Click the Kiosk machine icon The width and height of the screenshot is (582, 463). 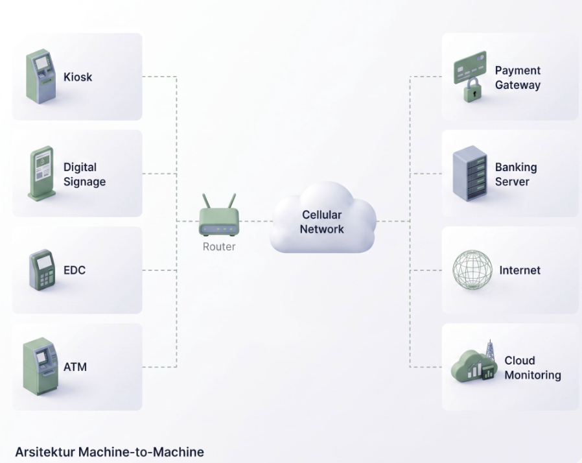41,77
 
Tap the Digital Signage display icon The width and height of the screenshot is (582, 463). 42,174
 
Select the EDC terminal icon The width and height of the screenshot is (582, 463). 42,270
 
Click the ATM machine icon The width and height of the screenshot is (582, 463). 40,366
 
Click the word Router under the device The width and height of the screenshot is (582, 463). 219,246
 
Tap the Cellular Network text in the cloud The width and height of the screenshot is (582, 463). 322,222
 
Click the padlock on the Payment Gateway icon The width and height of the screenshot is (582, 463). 472,90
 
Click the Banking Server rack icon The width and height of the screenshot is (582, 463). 470,173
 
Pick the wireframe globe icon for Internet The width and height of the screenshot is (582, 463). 472,270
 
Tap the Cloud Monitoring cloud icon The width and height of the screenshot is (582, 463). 469,366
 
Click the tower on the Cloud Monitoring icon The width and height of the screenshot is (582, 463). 491,350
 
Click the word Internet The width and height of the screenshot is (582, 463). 520,270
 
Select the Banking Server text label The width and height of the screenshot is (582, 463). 516,174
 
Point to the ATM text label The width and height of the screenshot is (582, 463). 75,367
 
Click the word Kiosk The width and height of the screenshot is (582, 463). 78,77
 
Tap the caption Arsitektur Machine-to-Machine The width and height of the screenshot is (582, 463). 110,452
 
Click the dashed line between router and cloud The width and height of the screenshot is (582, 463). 256,221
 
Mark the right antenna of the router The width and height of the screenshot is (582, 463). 231,202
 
